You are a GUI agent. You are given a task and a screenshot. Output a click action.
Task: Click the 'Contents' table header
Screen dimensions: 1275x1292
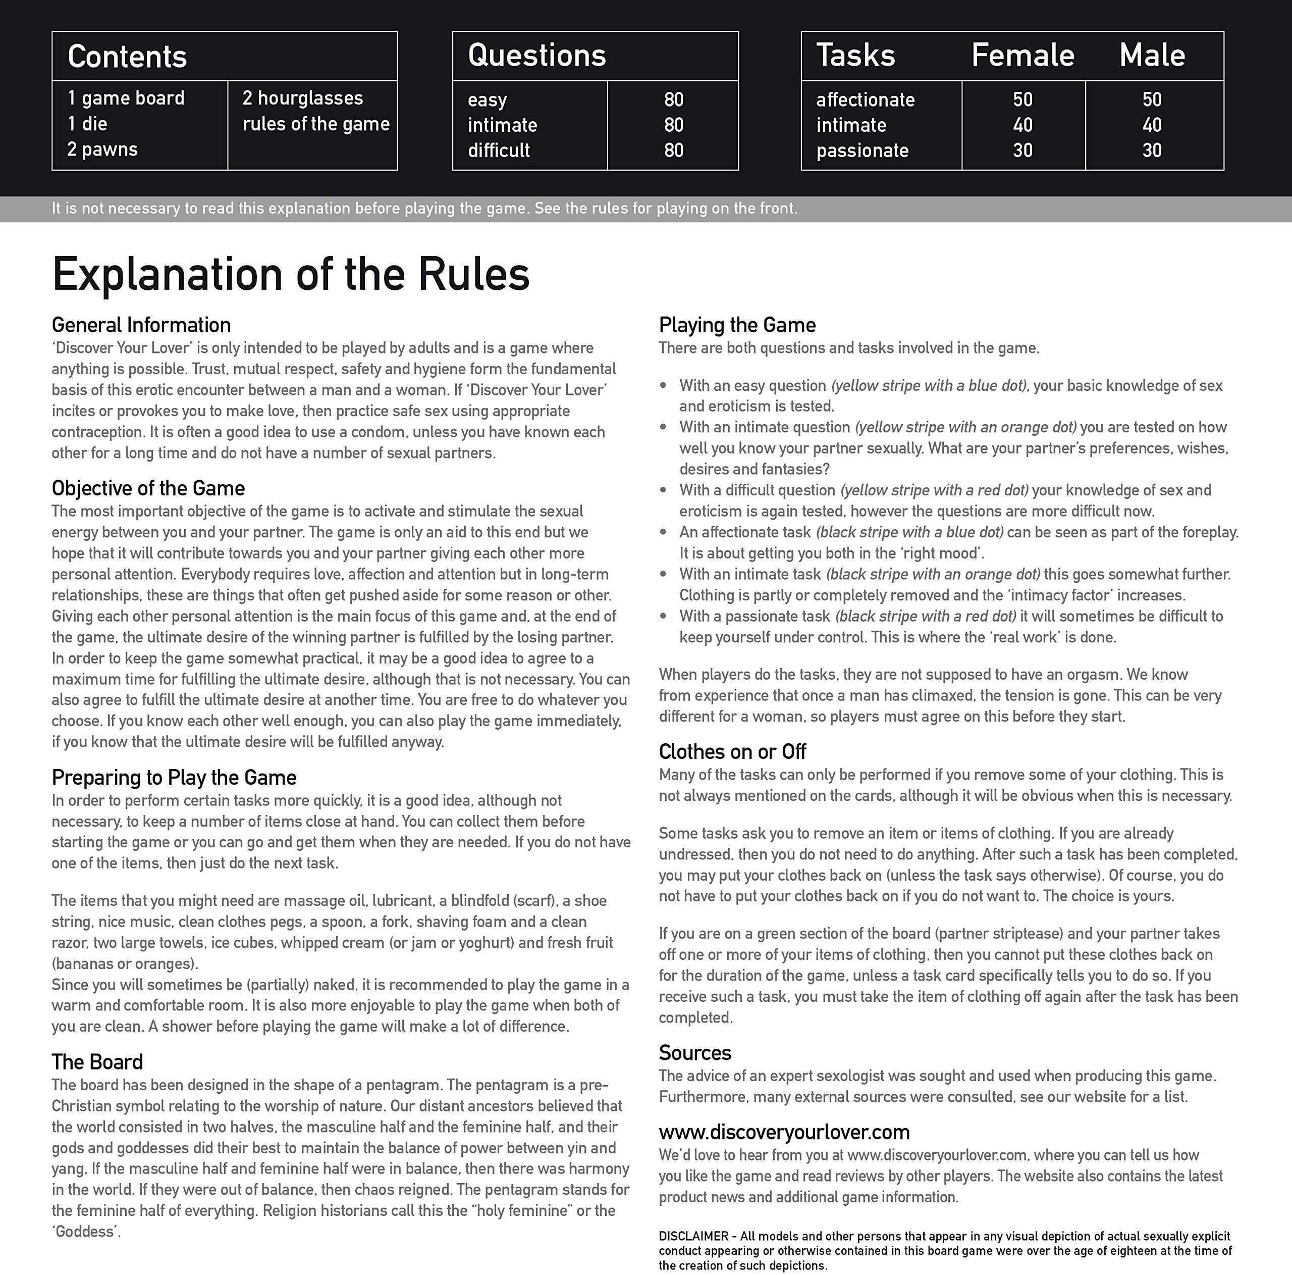(127, 56)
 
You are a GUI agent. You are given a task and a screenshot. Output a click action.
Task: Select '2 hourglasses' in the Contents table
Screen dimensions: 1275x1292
(302, 98)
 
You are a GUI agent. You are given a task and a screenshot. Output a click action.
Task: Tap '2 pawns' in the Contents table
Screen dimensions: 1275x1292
(102, 149)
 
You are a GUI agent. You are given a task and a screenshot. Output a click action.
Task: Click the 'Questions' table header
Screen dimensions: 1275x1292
(536, 56)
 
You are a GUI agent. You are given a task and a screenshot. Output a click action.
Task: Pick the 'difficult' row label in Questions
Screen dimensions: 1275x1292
(498, 150)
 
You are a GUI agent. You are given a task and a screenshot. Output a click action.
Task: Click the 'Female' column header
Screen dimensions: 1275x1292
(1022, 56)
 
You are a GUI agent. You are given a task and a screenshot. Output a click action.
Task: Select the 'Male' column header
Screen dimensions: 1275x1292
(1152, 56)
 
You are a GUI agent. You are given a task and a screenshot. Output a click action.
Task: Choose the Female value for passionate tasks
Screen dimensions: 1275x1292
(1022, 150)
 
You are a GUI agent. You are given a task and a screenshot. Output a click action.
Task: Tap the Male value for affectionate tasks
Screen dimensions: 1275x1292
(1152, 99)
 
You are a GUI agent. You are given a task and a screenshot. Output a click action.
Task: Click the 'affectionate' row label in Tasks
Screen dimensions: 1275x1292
(865, 99)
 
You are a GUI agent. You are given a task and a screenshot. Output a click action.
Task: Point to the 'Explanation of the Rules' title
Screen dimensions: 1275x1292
(290, 274)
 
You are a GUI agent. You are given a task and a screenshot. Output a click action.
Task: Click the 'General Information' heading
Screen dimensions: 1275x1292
(141, 325)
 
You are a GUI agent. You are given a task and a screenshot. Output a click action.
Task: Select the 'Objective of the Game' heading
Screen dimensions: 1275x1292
(148, 488)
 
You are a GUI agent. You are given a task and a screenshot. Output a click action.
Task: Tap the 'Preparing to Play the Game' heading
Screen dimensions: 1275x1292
(174, 777)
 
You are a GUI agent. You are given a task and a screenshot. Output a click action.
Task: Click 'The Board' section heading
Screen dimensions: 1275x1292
(97, 1061)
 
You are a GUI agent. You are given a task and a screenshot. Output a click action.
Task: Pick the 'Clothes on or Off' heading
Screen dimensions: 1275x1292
(732, 752)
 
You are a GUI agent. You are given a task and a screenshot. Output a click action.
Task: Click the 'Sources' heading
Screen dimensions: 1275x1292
(695, 1052)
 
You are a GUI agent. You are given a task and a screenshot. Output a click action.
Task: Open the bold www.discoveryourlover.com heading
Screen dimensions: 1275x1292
(784, 1132)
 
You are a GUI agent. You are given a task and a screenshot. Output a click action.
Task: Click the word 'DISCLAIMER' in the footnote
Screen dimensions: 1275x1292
(693, 1236)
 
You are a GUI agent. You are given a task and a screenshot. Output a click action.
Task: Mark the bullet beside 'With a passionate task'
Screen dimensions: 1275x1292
(663, 616)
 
